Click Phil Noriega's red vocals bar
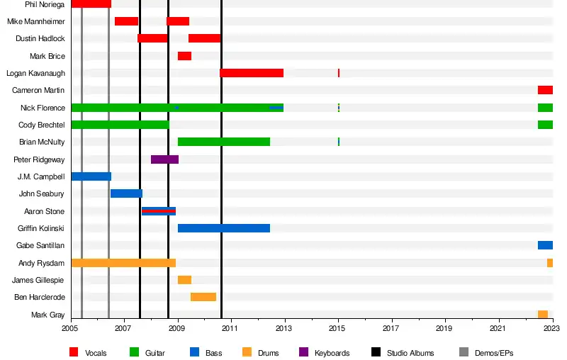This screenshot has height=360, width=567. pos(91,4)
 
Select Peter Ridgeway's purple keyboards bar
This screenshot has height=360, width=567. pos(164,159)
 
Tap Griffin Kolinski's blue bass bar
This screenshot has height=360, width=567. pos(223,228)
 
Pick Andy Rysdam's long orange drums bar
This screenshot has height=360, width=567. pos(123,263)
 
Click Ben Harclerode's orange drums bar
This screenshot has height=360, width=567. pos(203,297)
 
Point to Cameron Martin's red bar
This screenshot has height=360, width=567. pos(545,90)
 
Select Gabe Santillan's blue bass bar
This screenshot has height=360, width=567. pos(545,245)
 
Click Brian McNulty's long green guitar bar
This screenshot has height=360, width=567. pos(223,142)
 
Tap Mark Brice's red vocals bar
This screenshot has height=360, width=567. pos(184,56)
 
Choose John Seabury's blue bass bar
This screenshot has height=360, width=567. pos(126,193)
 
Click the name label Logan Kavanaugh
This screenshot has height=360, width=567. pos(35,73)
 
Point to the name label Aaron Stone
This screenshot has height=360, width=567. pos(44,211)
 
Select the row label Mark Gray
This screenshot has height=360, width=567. pos(47,315)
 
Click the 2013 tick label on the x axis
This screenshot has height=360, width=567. pos(284,329)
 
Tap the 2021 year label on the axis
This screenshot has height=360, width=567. pos(498,329)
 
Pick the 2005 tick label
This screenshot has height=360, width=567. pos(71,329)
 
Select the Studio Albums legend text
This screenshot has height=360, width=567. pos(413,353)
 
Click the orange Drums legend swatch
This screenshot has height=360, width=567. pos(247,352)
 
